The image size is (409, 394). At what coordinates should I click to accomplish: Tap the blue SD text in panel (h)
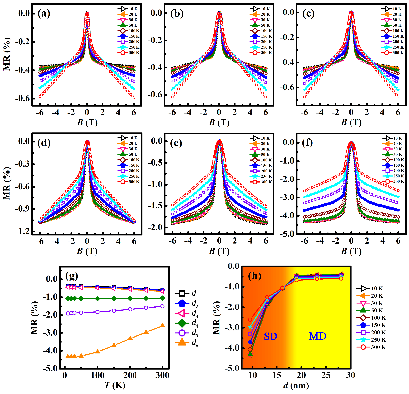click(269, 337)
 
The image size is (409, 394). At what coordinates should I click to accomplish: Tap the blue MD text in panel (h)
click(318, 337)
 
